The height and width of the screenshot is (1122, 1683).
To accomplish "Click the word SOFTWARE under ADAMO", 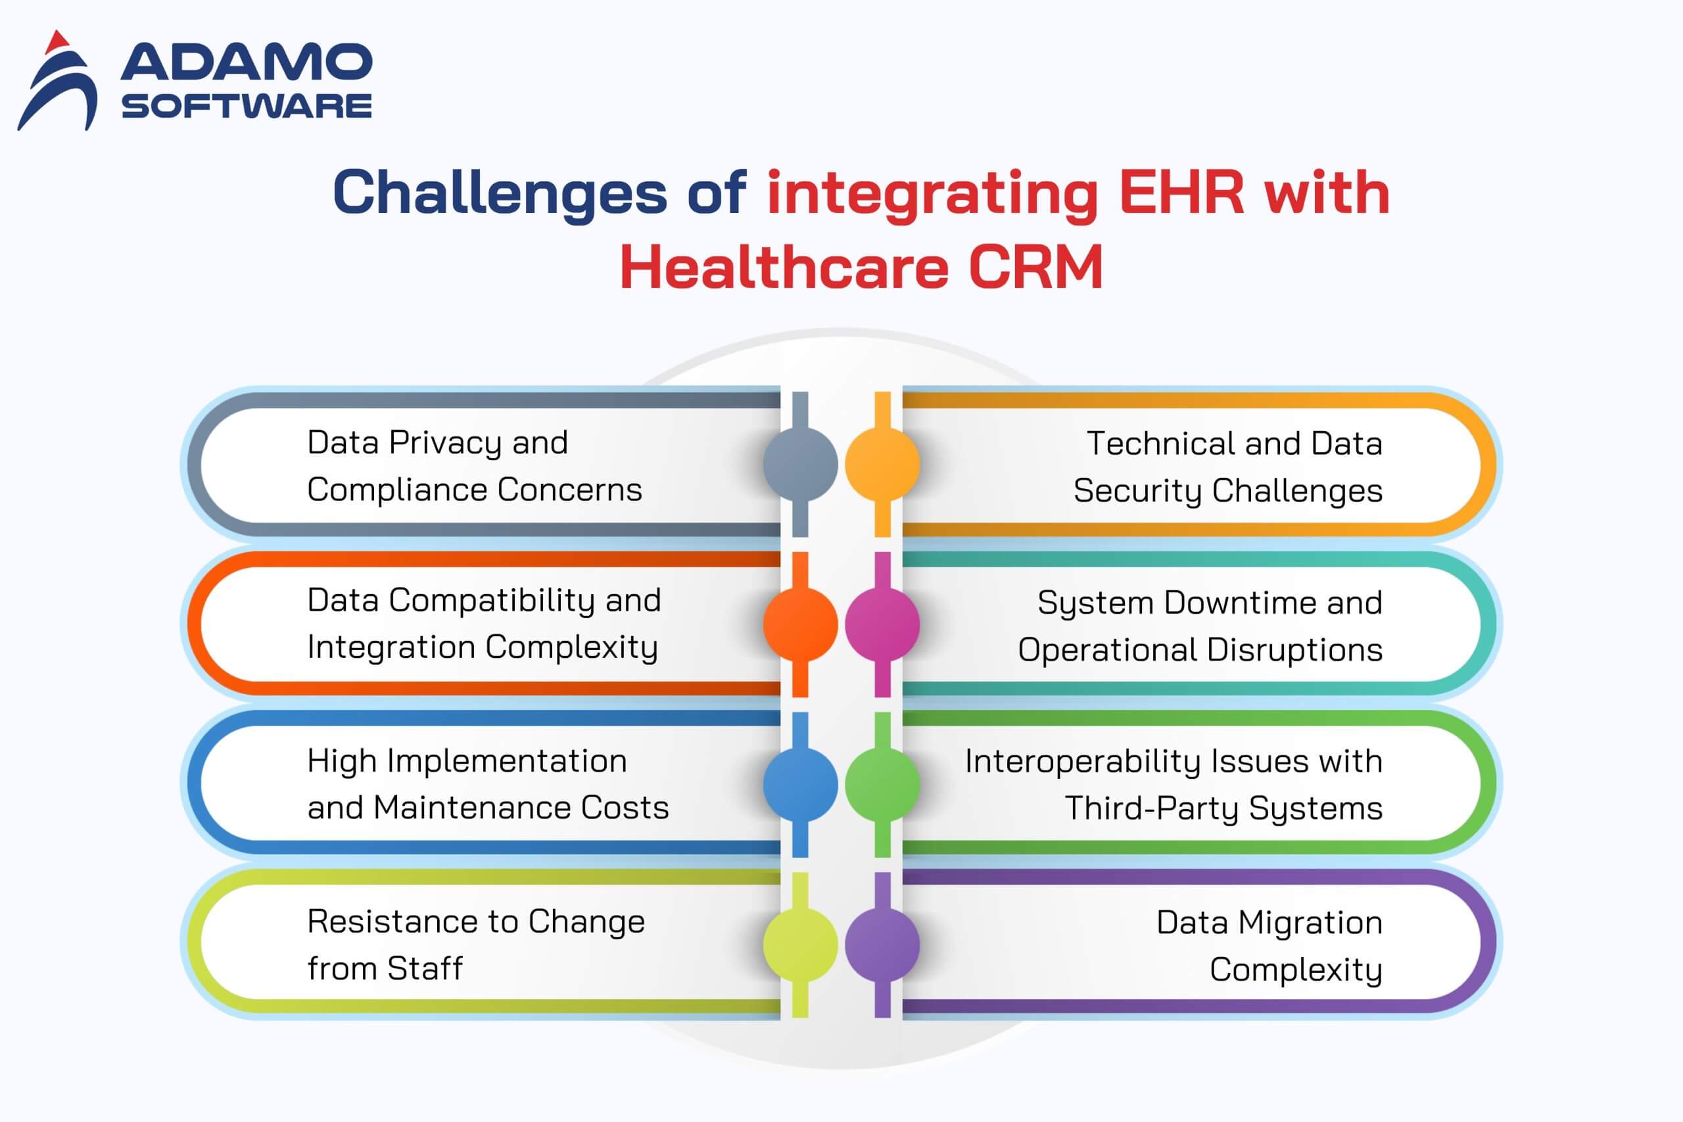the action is [247, 106].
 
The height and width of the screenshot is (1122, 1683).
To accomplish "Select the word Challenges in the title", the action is [500, 193].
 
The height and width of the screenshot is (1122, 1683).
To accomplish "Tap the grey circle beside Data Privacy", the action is [800, 463].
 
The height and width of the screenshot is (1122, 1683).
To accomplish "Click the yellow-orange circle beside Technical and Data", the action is [882, 463].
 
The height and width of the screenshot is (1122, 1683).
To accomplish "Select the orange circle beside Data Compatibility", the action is [800, 624].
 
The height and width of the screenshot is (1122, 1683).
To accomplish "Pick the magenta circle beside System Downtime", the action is [882, 624].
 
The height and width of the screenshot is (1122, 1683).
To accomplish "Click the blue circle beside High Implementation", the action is [800, 784].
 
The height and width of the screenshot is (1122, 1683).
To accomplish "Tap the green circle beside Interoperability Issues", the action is [882, 784].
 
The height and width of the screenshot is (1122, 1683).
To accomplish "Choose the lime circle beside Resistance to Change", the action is [800, 945].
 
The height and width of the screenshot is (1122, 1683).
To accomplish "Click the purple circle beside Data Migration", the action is [882, 945].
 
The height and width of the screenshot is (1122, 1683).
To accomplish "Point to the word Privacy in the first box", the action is [445, 444].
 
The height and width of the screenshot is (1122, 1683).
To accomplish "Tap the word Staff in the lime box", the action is [425, 968].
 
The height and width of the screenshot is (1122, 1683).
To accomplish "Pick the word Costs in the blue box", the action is [625, 808].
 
